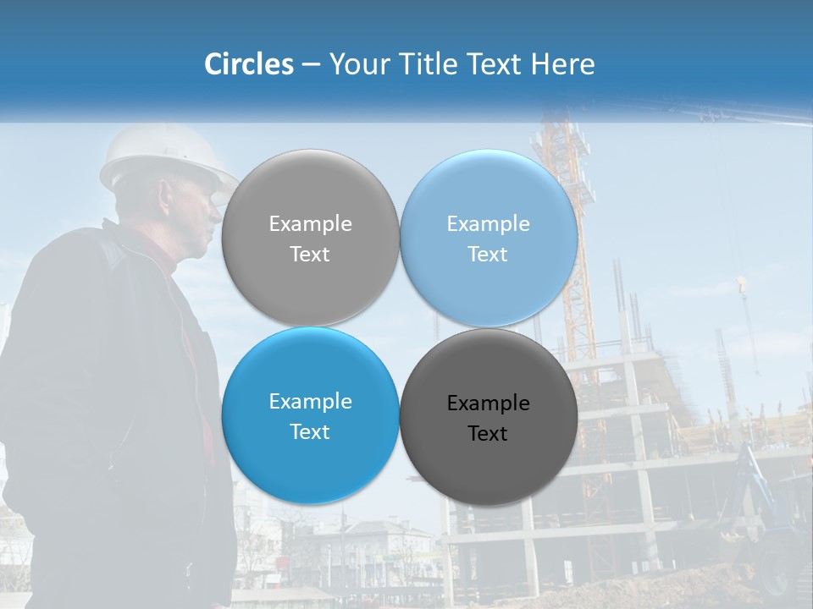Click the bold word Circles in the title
[248, 64]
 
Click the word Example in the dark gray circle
[488, 403]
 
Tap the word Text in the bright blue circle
[310, 432]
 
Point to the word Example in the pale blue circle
[488, 224]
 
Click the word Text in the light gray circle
[310, 255]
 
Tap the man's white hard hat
[165, 156]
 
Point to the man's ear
[169, 202]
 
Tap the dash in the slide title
[311, 65]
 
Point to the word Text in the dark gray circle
[488, 434]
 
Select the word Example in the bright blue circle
[310, 402]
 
